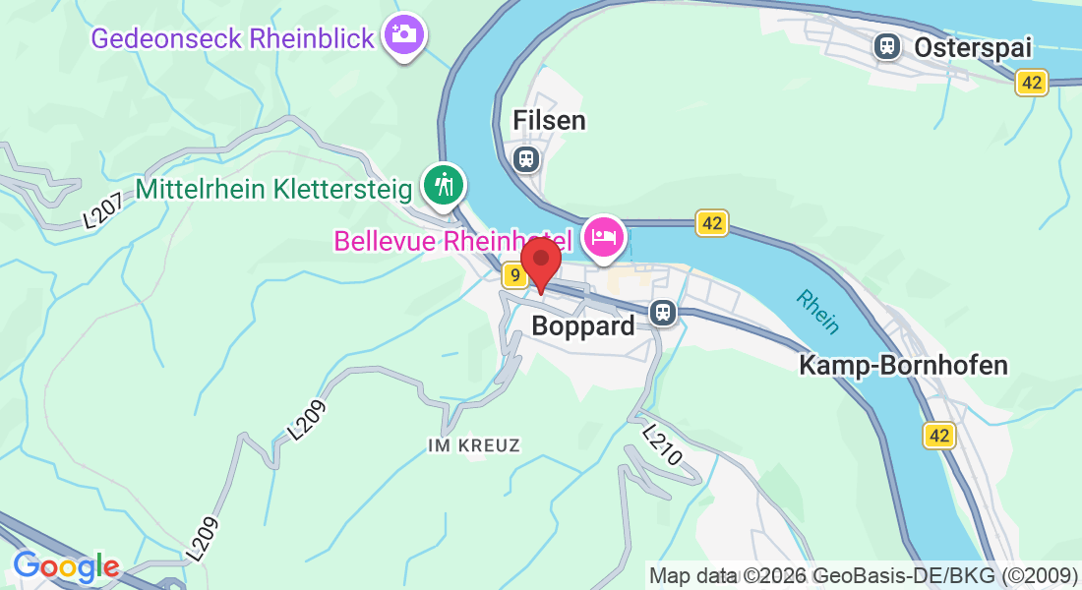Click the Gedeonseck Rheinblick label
coord(233,38)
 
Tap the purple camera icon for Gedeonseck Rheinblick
coord(403,34)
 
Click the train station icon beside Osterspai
coord(888,45)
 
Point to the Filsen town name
coord(549,120)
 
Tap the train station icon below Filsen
coord(527,157)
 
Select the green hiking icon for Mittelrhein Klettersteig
coord(444,184)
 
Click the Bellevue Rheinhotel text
coord(453,240)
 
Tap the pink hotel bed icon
coord(603,236)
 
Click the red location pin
coord(540,261)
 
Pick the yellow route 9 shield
coord(513,276)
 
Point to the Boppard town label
coord(583,325)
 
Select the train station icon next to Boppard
coord(663,314)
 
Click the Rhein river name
coord(818,312)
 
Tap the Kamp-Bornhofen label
coord(903,366)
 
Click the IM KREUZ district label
coord(474,445)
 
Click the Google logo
coord(67,567)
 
